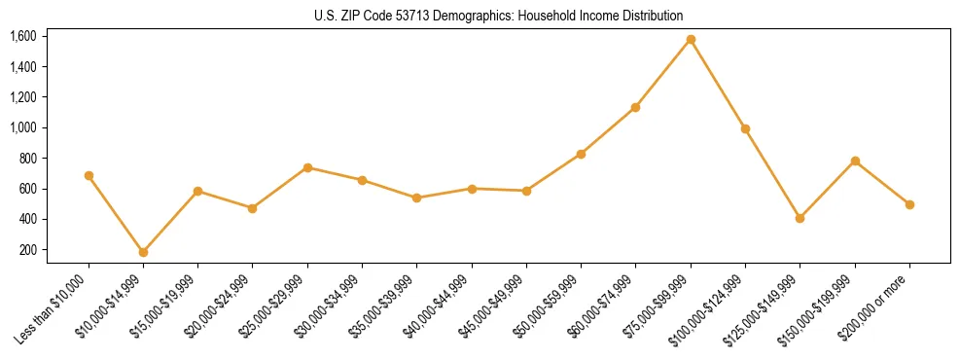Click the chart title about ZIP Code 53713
tap(499, 17)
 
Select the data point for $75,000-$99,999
tap(691, 40)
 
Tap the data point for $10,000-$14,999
tap(143, 252)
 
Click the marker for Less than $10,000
tap(89, 176)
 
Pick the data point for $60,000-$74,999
tap(636, 107)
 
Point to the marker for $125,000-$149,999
tap(800, 218)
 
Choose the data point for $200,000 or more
tap(909, 204)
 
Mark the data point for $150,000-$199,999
tap(855, 161)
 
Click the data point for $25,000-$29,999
tap(307, 167)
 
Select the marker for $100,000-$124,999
tap(745, 128)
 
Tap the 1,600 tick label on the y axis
tap(23, 36)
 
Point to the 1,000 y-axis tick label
tap(23, 127)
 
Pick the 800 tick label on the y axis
tap(27, 159)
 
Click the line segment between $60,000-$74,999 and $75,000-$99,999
tap(663, 74)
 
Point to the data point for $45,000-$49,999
tap(526, 191)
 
